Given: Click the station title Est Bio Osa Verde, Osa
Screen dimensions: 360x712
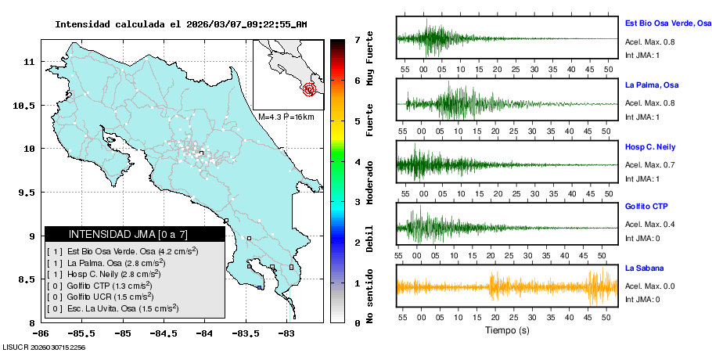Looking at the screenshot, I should click(667, 24).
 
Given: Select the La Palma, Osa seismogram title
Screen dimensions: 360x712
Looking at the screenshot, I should click(651, 85).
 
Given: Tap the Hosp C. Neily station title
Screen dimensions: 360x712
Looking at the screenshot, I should click(649, 146).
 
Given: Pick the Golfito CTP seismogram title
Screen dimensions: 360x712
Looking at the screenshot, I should click(646, 207).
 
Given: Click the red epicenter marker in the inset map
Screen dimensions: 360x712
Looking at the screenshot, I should click(310, 89).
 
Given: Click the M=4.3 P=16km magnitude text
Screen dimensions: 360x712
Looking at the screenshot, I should click(286, 117).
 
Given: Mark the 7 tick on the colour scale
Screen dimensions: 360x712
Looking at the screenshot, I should click(357, 39).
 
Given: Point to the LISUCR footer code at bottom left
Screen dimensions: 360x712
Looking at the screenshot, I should click(44, 347).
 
